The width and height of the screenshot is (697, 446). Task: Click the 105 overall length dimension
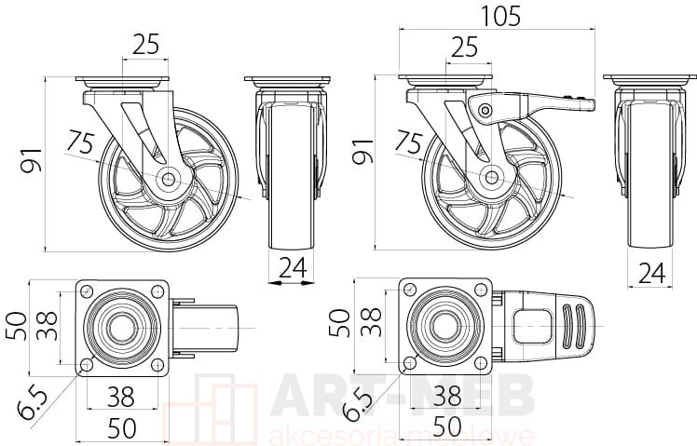pyautogui.click(x=501, y=17)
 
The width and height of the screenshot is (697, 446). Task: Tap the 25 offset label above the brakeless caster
pyautogui.click(x=145, y=45)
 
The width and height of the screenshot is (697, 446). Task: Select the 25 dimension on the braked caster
pyautogui.click(x=464, y=47)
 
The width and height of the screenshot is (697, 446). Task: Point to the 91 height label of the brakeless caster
pyautogui.click(x=33, y=160)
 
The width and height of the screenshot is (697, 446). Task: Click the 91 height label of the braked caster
pyautogui.click(x=363, y=152)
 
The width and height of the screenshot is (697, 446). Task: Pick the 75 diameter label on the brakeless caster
pyautogui.click(x=80, y=142)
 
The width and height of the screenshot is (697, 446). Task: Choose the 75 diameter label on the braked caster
pyautogui.click(x=409, y=142)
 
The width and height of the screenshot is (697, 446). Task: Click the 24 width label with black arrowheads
pyautogui.click(x=293, y=268)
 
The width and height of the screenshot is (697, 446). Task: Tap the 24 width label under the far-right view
pyautogui.click(x=651, y=273)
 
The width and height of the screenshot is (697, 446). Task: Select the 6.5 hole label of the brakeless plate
pyautogui.click(x=34, y=404)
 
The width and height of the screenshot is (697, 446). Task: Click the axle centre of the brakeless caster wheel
pyautogui.click(x=168, y=180)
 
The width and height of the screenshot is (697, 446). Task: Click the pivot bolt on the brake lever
pyautogui.click(x=485, y=109)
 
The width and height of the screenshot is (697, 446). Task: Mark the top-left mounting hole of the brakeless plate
pyautogui.click(x=87, y=291)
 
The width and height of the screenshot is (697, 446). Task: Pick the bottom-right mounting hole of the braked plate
pyautogui.click(x=480, y=363)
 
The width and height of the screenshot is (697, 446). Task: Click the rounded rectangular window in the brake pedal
pyautogui.click(x=533, y=327)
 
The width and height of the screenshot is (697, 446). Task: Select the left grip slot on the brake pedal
pyautogui.click(x=568, y=325)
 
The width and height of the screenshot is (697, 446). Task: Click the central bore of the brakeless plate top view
pyautogui.click(x=121, y=328)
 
